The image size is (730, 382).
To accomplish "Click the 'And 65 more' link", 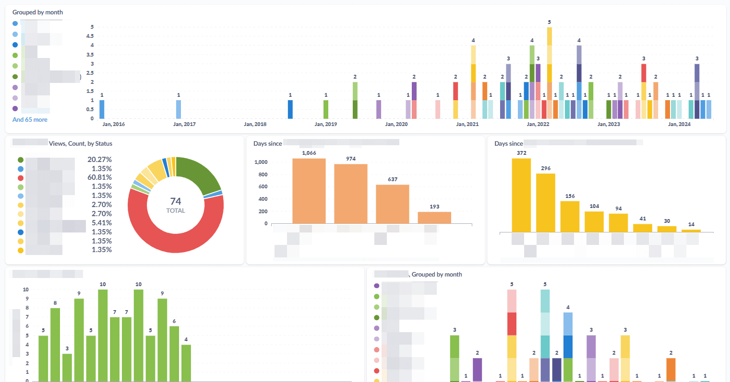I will pyautogui.click(x=30, y=120).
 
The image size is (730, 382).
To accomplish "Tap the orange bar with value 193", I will pyautogui.click(x=434, y=218).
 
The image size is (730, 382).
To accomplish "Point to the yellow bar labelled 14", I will pyautogui.click(x=691, y=231).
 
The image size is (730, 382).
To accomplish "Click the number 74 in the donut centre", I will pyautogui.click(x=176, y=201).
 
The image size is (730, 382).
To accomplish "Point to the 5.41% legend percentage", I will pyautogui.click(x=102, y=223).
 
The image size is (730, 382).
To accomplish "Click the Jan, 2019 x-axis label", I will pyautogui.click(x=326, y=124).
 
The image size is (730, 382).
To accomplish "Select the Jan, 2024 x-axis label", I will pyautogui.click(x=679, y=124).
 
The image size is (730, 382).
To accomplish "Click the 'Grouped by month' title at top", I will pyautogui.click(x=37, y=12).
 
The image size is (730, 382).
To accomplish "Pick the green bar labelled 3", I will pyautogui.click(x=67, y=367).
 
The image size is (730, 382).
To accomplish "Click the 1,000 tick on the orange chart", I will pyautogui.click(x=261, y=162).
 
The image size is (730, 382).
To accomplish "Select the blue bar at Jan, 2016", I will pyautogui.click(x=102, y=109).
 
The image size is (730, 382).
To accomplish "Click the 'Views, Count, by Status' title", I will pyautogui.click(x=81, y=144).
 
